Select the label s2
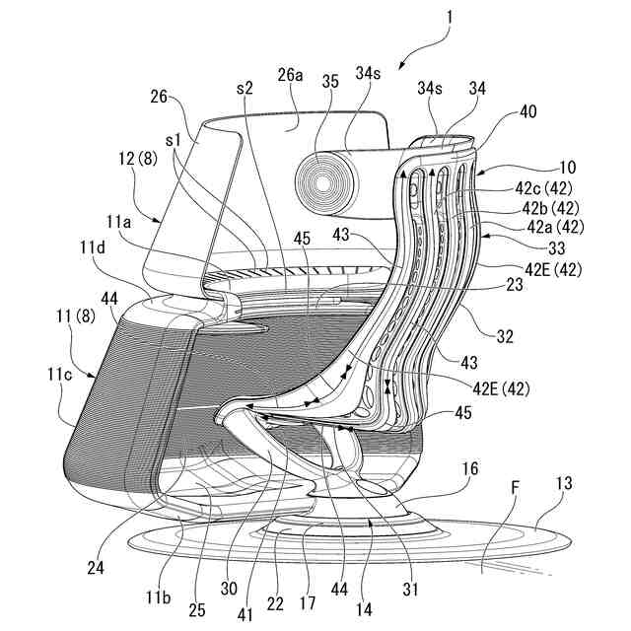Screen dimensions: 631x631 [245, 88]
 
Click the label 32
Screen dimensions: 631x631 [505, 336]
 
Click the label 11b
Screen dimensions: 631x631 [158, 596]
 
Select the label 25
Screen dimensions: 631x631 [196, 610]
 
